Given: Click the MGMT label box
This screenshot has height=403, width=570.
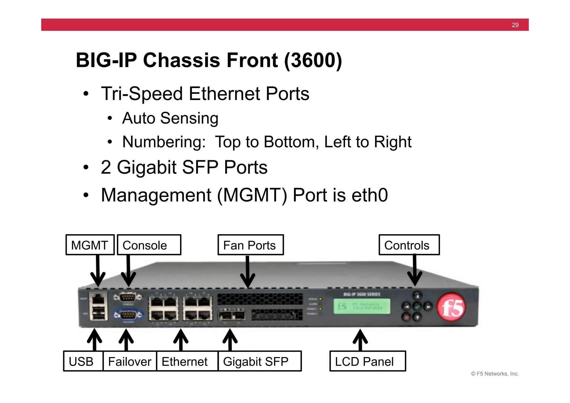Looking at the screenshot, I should tap(90, 245).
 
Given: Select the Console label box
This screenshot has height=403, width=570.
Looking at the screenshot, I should tap(149, 245).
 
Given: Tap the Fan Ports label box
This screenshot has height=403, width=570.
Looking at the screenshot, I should tap(250, 245).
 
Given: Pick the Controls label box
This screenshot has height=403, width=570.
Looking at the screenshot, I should tap(409, 245).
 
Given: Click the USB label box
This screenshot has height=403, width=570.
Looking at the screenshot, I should tap(83, 361).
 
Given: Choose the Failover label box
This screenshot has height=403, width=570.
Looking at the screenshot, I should tap(130, 361).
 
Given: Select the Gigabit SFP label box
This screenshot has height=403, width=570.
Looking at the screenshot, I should tap(259, 361).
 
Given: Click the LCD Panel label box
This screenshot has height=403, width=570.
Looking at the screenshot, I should tap(367, 361).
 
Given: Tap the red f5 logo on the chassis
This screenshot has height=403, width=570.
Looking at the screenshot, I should tap(451, 307).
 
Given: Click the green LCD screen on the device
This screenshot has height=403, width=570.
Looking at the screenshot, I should tap(362, 306).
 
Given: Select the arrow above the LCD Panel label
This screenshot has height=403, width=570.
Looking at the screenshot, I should tap(360, 340).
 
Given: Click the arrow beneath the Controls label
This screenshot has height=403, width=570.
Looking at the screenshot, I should tap(415, 270).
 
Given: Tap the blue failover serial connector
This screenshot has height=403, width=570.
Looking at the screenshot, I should tap(129, 315).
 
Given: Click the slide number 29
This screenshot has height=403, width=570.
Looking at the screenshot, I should tap(515, 25).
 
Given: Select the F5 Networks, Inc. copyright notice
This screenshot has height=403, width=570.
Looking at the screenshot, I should tap(495, 374).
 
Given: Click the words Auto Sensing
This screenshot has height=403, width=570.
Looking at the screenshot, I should tap(170, 118).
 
